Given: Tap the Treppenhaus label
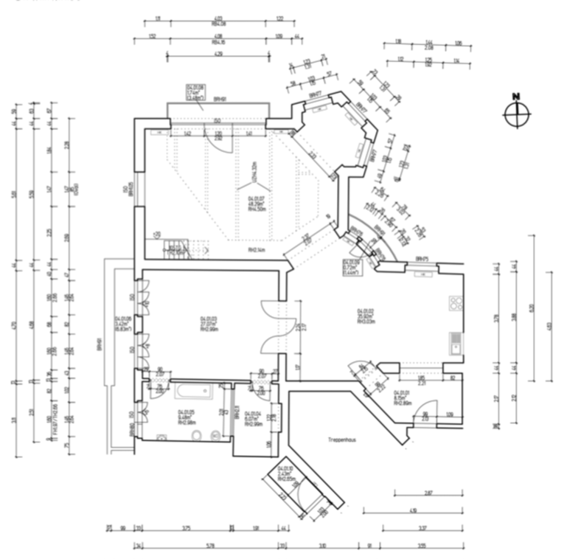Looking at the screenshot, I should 341,440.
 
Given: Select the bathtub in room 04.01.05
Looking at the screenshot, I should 194,391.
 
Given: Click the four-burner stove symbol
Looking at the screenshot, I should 456,303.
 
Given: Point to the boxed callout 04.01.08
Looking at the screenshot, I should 195,92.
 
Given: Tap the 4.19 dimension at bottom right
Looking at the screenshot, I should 413,511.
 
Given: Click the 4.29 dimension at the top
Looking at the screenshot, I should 218,54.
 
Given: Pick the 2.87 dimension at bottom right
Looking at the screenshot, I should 428,493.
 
